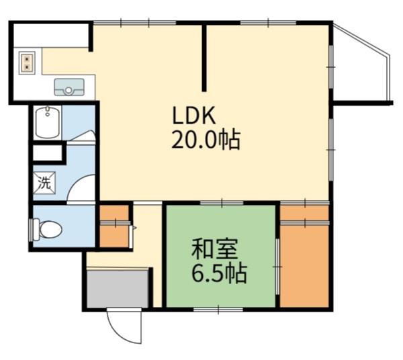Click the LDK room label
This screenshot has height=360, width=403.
pos(193,116)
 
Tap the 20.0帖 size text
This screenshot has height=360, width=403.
pos(206,140)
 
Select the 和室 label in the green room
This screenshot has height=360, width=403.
pos(215,249)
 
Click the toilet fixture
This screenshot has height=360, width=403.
pos(48,229)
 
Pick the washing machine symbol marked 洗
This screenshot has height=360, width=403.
pos(44,183)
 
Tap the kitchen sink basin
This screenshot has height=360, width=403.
pos(69,87)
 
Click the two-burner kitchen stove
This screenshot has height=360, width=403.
pos(27,63)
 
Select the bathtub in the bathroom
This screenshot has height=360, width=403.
pos(47,123)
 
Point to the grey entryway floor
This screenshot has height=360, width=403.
pos(118,288)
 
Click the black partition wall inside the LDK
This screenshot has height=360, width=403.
pos(204,57)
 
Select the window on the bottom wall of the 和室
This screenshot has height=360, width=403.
pos(218,310)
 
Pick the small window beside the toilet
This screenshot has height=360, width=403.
pos(31,230)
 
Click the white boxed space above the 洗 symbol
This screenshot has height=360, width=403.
pos(48,153)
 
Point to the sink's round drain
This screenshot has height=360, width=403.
pos(69,90)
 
